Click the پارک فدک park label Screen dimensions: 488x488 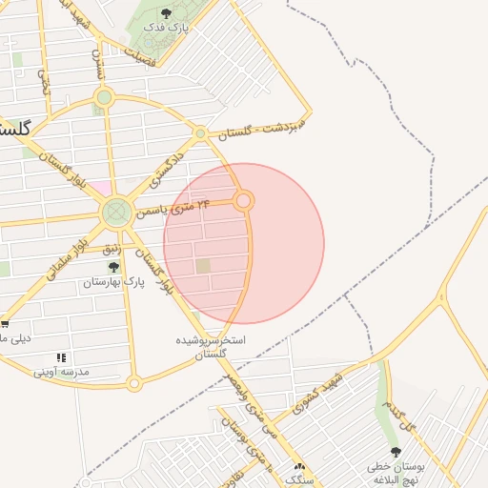[x=166, y=29]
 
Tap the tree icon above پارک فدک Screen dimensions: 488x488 [x=167, y=13]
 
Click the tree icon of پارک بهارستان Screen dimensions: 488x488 [x=114, y=268]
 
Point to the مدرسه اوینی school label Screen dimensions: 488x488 [x=61, y=372]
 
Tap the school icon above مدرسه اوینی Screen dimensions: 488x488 [x=61, y=357]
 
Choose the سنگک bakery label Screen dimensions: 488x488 [x=300, y=481]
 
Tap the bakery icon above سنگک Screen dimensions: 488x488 [x=300, y=467]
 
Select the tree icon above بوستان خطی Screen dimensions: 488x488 [x=396, y=452]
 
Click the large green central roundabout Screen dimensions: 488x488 [x=117, y=212]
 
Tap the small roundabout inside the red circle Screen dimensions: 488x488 [x=244, y=200]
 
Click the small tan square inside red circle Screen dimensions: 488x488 [x=203, y=266]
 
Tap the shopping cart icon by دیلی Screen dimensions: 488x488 [x=5, y=323]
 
